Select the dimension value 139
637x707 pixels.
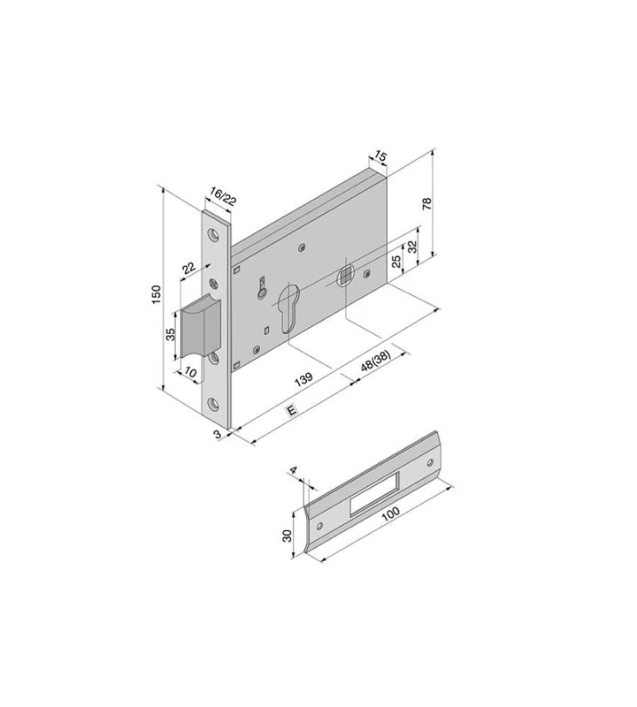303,380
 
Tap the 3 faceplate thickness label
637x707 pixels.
216,435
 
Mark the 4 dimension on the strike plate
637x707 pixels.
294,475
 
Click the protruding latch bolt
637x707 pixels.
198,327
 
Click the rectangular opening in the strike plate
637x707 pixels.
375,491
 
